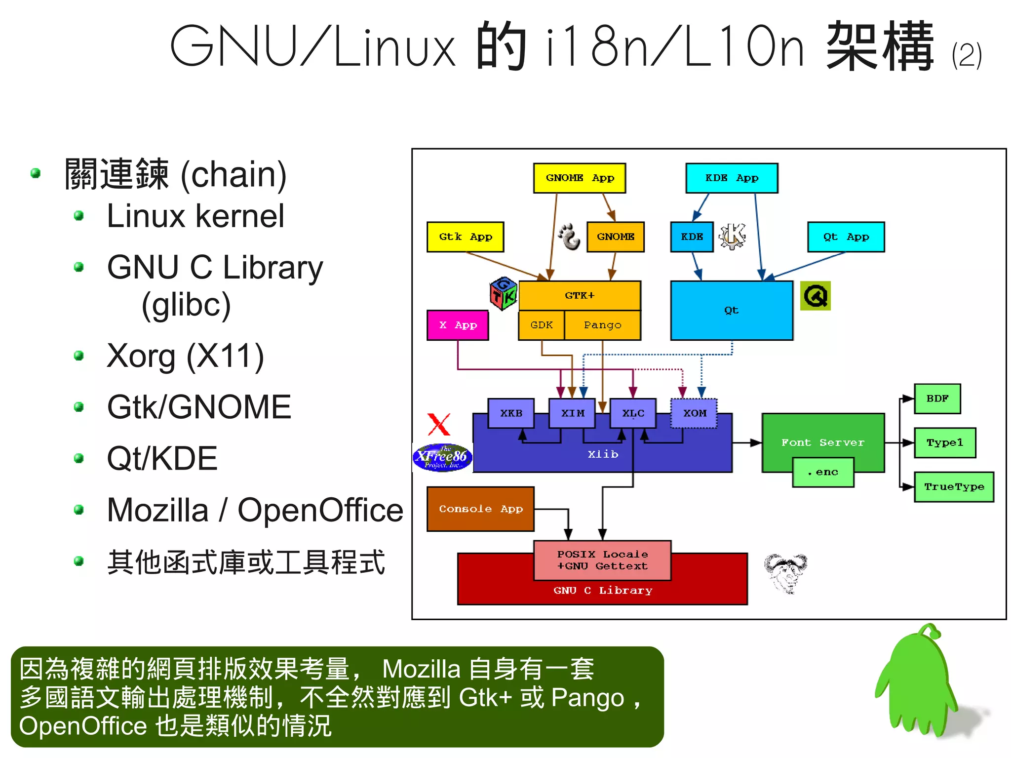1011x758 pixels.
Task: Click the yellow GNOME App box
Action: pyautogui.click(x=579, y=178)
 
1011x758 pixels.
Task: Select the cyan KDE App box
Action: pyautogui.click(x=731, y=178)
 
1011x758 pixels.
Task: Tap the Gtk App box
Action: pyautogui.click(x=465, y=237)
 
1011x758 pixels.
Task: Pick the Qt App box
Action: pyautogui.click(x=846, y=237)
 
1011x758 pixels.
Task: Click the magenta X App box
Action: pyautogui.click(x=458, y=325)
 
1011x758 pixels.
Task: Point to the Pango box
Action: pyautogui.click(x=602, y=325)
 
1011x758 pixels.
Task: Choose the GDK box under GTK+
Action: pyautogui.click(x=541, y=325)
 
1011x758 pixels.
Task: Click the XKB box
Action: pyautogui.click(x=510, y=413)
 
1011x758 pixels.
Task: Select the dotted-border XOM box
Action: pyautogui.click(x=694, y=413)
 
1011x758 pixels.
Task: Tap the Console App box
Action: pyautogui.click(x=480, y=509)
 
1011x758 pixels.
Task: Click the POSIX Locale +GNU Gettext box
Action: pyautogui.click(x=602, y=560)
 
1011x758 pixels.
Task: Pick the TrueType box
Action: pyautogui.click(x=954, y=487)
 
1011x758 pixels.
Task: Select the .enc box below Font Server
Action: pyautogui.click(x=822, y=472)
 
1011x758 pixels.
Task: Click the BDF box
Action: pyautogui.click(x=937, y=399)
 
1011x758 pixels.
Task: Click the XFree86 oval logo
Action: pyautogui.click(x=442, y=457)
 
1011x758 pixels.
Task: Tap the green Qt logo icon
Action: pyautogui.click(x=815, y=296)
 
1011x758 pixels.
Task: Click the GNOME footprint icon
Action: pyautogui.click(x=570, y=237)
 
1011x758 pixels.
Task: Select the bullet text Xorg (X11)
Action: pyautogui.click(x=185, y=356)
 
